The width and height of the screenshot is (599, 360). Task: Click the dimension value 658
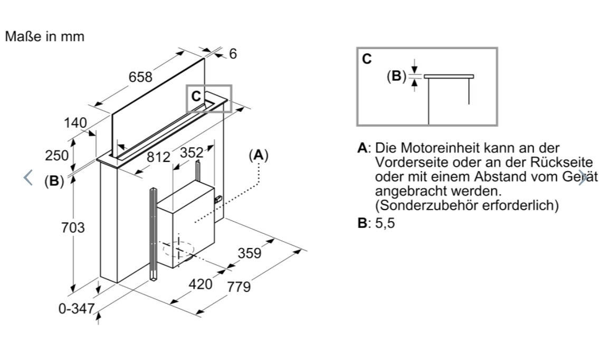coord(140,77)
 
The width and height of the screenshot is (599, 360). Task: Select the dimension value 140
coord(75,123)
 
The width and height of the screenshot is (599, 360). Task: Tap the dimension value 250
coord(57,156)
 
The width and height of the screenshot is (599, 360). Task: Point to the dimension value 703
coord(73,228)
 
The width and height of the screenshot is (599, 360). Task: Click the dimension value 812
coord(158,157)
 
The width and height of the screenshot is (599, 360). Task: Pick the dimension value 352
coord(192,153)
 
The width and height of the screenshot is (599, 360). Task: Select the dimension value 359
coord(250,253)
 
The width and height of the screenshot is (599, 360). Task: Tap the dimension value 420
coord(201,284)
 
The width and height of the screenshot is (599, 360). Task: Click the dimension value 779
coord(239,287)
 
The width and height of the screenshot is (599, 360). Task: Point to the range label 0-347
coord(77,308)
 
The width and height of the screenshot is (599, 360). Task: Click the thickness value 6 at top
coord(233,54)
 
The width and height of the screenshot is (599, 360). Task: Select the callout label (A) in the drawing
coord(259,155)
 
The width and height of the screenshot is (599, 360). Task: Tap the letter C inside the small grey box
coord(196,96)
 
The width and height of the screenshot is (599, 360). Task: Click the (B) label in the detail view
coord(396,76)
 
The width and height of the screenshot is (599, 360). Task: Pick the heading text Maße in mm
coord(45,36)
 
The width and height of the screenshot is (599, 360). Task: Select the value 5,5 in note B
coord(385,223)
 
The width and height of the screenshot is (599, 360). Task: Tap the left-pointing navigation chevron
coord(28,177)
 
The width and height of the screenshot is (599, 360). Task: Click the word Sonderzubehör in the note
coord(427,205)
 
